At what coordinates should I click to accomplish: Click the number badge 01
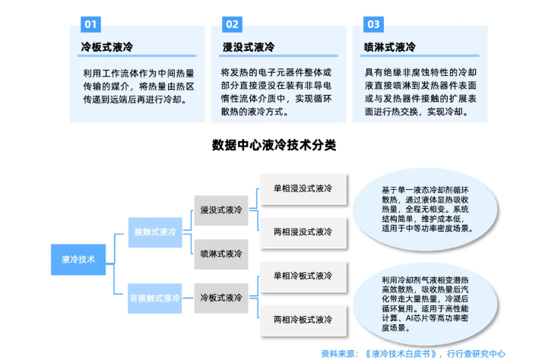tap(90, 24)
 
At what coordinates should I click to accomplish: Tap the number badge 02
tap(232, 24)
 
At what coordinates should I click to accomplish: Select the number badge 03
tap(373, 24)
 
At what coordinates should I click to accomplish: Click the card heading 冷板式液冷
tap(107, 47)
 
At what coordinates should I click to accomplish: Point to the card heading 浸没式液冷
tap(248, 47)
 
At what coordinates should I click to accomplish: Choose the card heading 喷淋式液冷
tap(390, 47)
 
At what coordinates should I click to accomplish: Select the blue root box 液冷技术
tap(78, 259)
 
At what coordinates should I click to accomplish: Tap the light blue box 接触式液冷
tap(154, 231)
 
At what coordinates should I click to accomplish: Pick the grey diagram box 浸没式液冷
tap(220, 209)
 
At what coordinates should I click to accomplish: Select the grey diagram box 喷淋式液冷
tap(220, 253)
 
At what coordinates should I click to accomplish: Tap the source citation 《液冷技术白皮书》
tap(401, 353)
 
